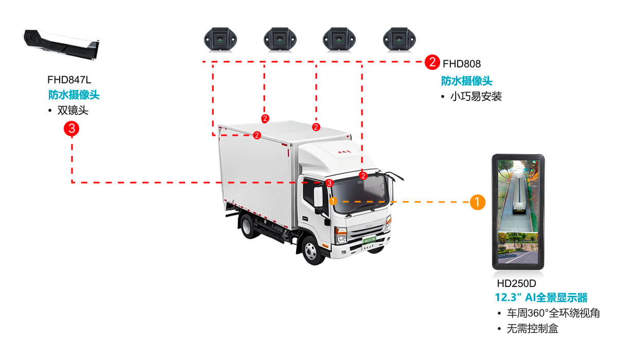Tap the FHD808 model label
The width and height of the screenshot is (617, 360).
[x=461, y=64]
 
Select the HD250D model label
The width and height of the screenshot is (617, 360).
[x=516, y=283]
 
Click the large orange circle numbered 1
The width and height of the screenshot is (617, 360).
[x=478, y=202]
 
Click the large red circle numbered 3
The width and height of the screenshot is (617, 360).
[x=71, y=129]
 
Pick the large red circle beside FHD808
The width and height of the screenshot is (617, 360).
[x=432, y=63]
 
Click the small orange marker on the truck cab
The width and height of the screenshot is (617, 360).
[x=333, y=201]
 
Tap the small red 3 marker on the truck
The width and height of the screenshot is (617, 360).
[x=330, y=183]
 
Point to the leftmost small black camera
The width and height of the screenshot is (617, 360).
[x=220, y=39]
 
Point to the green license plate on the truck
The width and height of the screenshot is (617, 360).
[x=369, y=240]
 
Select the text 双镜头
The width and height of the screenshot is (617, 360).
[x=72, y=111]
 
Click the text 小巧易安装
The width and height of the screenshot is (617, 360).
[x=476, y=97]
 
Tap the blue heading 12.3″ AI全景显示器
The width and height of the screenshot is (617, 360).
[x=541, y=298]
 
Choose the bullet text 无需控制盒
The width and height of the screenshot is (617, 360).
[x=533, y=328]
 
